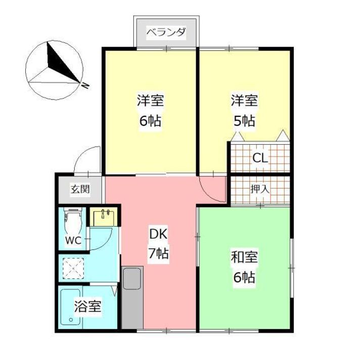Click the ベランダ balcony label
(166, 33)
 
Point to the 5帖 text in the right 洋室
(244, 121)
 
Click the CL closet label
(260, 158)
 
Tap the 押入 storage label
(260, 189)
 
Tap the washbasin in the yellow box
(105, 216)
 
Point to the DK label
(158, 234)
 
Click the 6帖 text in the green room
(244, 278)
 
